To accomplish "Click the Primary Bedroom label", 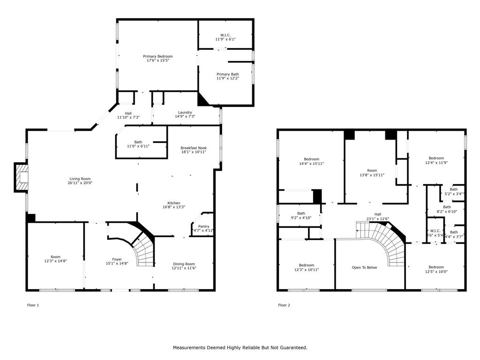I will point(157,57).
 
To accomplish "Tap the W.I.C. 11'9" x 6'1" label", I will point(225,35).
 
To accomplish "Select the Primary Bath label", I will point(227,75).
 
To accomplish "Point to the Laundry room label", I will point(185,112).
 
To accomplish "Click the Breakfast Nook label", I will point(194,148).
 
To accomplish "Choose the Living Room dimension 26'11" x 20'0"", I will point(80,183).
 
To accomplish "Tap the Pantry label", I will point(204,226).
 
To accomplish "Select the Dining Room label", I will point(183,264).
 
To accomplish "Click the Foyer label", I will point(117,259).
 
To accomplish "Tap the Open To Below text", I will point(364,268).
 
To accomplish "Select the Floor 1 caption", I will point(33,305).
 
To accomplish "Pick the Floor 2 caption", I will point(284,305).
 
